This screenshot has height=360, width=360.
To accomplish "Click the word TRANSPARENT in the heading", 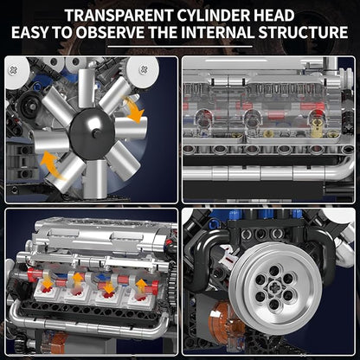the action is click(118, 16).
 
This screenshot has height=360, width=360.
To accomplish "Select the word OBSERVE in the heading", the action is click(110, 32).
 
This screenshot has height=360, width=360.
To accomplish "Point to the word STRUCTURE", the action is click(303, 32).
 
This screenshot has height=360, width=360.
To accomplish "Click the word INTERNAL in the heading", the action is click(218, 32).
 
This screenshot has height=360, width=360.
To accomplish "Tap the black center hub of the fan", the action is click(92, 133).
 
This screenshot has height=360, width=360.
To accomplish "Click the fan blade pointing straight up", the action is click(86, 87).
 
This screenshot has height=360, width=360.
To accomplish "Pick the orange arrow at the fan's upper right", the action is click(132, 109).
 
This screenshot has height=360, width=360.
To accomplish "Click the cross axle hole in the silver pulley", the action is click(272, 286).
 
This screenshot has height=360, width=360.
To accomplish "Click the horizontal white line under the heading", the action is click(180, 46).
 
